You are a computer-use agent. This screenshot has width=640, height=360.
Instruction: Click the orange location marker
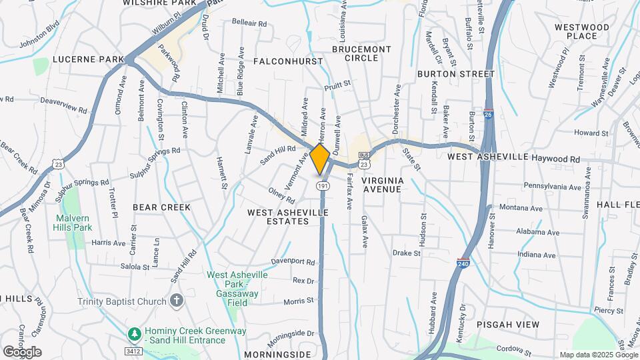[x=320, y=159]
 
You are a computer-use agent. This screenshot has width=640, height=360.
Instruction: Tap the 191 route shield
[x=322, y=185]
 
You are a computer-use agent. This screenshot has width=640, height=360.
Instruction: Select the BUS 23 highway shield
[x=364, y=162]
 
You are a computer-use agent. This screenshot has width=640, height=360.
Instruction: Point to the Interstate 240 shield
[x=463, y=264]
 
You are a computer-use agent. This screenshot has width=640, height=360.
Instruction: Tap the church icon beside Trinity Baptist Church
[x=176, y=301]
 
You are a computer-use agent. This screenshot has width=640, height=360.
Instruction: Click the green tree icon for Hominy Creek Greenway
[x=134, y=333]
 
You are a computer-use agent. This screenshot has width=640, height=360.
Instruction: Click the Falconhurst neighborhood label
[x=288, y=61]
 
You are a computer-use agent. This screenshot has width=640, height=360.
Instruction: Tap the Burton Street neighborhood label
[x=456, y=74]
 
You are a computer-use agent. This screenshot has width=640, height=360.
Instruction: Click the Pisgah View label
[x=507, y=324]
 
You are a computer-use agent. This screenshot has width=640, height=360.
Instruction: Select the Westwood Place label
[x=582, y=31]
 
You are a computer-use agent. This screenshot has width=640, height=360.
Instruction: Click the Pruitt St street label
[x=337, y=85]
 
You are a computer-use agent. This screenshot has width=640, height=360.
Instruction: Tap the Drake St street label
[x=407, y=253]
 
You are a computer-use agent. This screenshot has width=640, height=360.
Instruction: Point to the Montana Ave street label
[x=539, y=208]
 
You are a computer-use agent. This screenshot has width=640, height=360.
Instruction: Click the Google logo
[x=22, y=351]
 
